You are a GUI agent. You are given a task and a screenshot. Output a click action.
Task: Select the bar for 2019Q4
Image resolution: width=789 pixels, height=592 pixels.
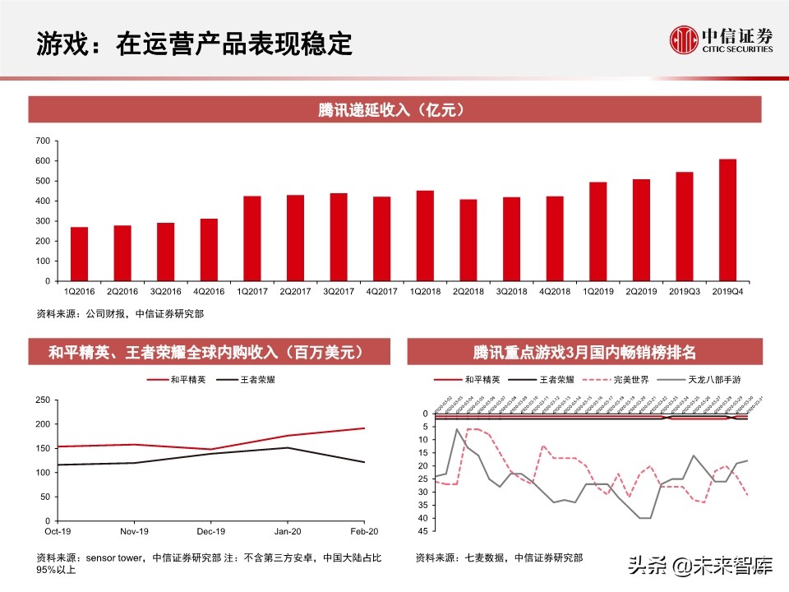tap(727, 220)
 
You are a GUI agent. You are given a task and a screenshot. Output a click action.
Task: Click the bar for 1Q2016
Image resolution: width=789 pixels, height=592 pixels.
tap(79, 253)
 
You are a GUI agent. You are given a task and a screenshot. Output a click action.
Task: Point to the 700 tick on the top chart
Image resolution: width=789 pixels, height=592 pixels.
tap(43, 141)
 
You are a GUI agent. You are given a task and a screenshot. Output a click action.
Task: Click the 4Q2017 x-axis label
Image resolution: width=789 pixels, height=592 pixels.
tap(381, 291)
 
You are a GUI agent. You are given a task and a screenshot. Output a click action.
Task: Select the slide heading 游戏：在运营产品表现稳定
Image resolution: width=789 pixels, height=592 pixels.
tap(194, 44)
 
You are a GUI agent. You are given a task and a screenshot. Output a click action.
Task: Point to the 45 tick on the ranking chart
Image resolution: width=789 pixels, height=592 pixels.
tap(423, 531)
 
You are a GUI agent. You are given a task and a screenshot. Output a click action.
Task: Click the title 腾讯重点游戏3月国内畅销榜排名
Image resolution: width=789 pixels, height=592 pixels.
tap(584, 353)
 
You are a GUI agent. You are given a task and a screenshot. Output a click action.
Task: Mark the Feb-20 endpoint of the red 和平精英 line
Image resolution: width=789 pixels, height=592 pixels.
tap(364, 428)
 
